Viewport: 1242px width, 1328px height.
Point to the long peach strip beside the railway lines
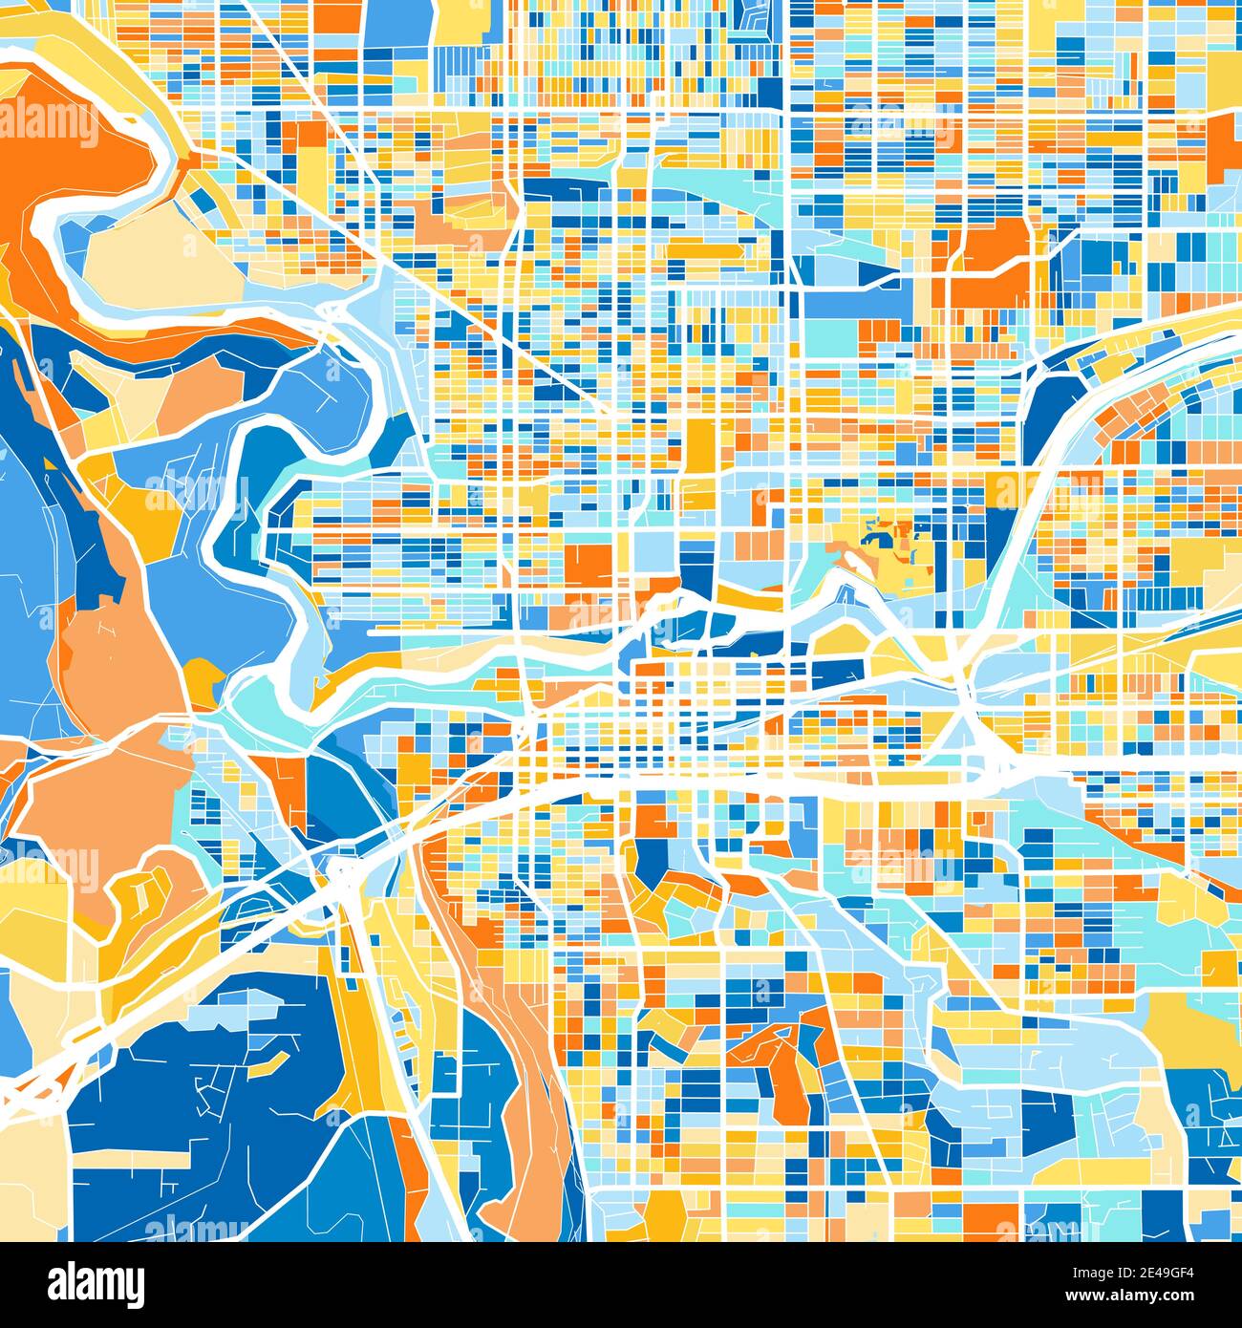[521, 1080]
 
